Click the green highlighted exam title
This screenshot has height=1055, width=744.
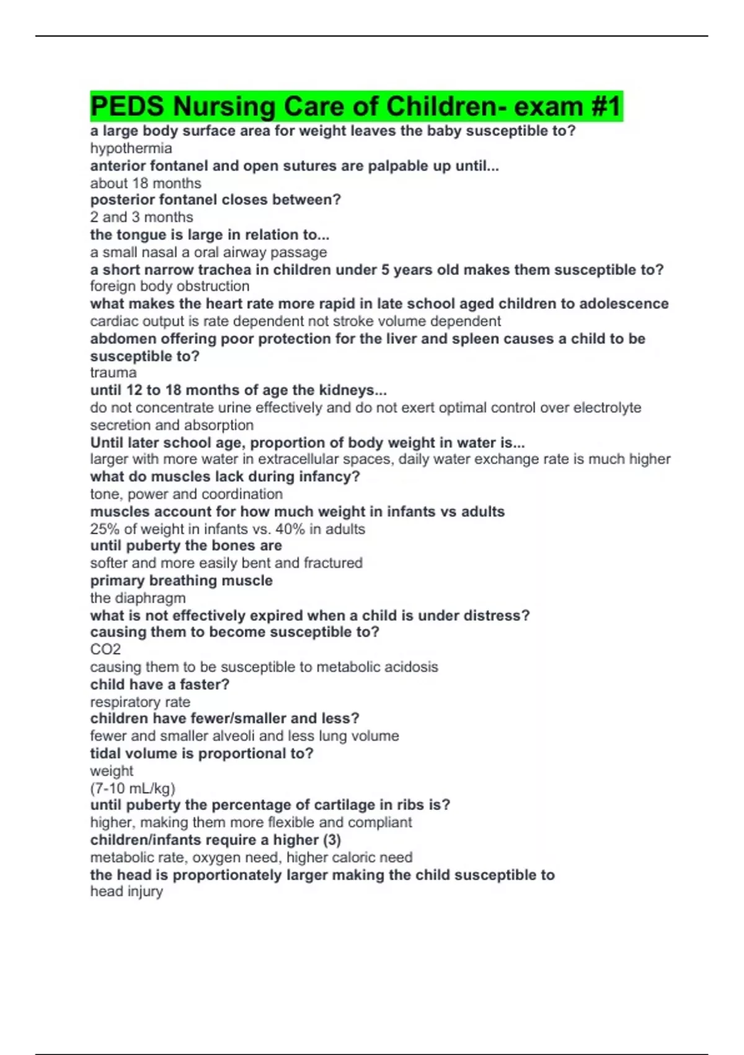click(356, 106)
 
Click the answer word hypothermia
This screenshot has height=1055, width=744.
click(131, 148)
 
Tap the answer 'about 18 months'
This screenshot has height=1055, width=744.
click(146, 183)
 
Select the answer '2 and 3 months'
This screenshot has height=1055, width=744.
click(141, 217)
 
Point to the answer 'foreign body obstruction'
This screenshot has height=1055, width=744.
click(170, 286)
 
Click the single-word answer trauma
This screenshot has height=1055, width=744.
click(113, 372)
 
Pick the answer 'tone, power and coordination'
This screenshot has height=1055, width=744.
click(186, 494)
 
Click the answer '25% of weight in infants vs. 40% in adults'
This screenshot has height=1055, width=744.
click(228, 529)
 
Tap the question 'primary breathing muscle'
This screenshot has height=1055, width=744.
click(181, 580)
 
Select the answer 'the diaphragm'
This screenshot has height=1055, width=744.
click(138, 598)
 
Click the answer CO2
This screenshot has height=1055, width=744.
click(105, 649)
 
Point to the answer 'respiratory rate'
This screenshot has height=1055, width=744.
click(140, 702)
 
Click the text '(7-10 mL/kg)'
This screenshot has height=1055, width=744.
click(133, 788)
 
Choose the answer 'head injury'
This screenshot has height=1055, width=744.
click(126, 891)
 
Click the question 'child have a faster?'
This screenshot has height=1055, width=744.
click(159, 685)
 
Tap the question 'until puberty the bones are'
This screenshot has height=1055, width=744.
click(186, 545)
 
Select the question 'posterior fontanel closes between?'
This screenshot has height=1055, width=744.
click(215, 200)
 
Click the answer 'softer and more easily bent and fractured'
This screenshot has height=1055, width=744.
click(226, 563)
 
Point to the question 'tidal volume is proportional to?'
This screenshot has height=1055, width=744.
click(201, 753)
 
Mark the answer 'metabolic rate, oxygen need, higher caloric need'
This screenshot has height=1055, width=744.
click(251, 857)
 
